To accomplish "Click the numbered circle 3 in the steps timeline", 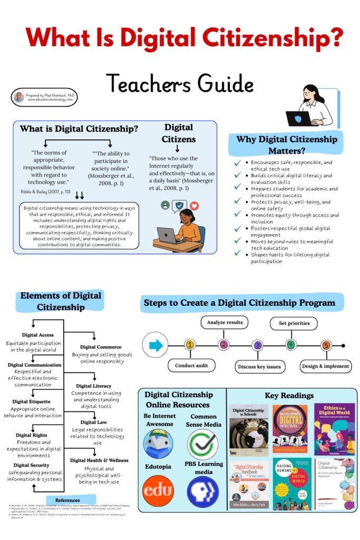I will pos(257,345).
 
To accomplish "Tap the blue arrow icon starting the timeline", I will pos(156,345).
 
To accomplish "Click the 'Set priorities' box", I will pos(290,322).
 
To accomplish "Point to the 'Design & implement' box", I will pos(325,366).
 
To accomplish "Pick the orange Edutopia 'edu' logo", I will pos(158,490).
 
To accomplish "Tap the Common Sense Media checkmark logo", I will pos(203,444).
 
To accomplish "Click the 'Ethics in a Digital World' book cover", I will pos(335,429).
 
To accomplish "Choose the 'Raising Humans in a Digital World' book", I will pos(291,484).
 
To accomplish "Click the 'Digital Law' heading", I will pos(95,422).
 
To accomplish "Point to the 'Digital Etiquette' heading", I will pos(32,402).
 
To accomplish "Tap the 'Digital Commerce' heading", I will pos(101,347).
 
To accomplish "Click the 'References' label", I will pos(67,500).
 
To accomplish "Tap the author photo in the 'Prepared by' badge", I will pos(19,97).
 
